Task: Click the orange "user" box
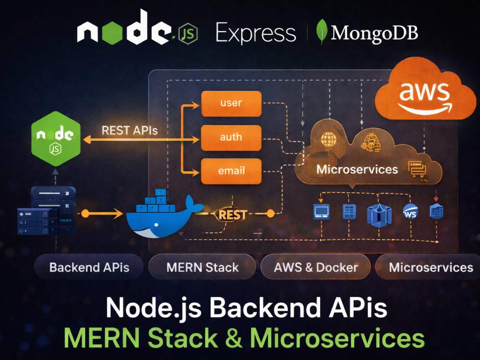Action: click(x=231, y=104)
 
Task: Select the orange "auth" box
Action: click(x=231, y=137)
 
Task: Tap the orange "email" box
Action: click(x=231, y=171)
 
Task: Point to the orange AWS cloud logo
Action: click(x=425, y=90)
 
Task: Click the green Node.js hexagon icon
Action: click(x=56, y=139)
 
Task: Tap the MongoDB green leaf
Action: click(x=322, y=32)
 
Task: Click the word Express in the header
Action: click(x=256, y=33)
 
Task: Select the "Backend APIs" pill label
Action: click(x=89, y=267)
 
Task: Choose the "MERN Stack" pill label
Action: click(x=203, y=267)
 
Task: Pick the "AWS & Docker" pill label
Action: click(x=316, y=267)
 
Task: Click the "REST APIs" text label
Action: click(x=130, y=131)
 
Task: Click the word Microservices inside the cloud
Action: click(x=357, y=169)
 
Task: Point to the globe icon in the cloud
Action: click(x=328, y=139)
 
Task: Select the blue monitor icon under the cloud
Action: click(x=322, y=212)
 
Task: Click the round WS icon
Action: click(x=410, y=212)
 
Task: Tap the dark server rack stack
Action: click(x=47, y=211)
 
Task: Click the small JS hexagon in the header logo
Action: click(x=187, y=34)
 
